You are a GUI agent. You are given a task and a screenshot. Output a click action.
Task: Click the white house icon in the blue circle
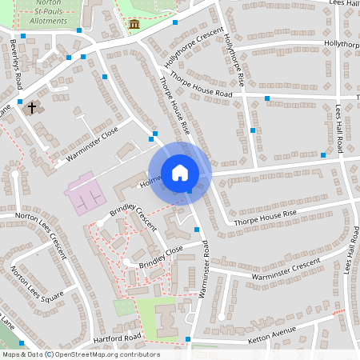click(180, 173)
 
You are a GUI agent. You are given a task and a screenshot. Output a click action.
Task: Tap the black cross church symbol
click(33, 106)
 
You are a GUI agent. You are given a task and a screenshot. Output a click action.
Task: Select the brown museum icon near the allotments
click(134, 24)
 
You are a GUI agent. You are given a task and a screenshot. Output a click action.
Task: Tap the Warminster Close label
click(93, 139)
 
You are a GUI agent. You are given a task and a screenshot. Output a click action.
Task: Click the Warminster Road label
click(205, 272)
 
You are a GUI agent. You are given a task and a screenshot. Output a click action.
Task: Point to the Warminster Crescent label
click(285, 270)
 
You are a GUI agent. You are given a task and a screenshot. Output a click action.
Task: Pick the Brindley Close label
click(161, 255)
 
